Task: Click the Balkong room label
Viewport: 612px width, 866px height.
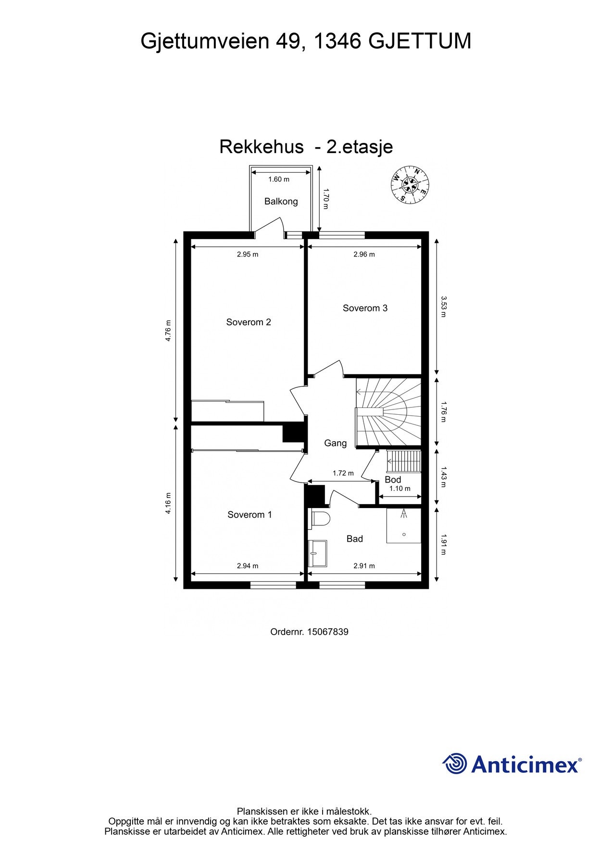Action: tap(281, 202)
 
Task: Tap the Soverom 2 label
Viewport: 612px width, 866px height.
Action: tap(249, 322)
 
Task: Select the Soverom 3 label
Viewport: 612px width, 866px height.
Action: tap(365, 308)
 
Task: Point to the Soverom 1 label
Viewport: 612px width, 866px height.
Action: tap(250, 515)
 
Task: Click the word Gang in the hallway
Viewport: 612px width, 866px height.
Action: tap(335, 443)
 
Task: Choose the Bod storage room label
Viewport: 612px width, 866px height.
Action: tap(393, 480)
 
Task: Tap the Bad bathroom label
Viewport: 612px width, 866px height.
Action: tap(354, 539)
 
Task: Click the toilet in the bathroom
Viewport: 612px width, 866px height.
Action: tap(320, 520)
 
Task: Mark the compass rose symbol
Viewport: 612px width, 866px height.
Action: tap(410, 185)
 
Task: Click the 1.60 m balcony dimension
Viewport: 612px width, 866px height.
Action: tap(279, 179)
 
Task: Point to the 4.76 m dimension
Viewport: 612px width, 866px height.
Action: tap(168, 331)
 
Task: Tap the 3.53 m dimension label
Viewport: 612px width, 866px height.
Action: tap(444, 307)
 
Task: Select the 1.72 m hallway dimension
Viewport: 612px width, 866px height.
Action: tap(343, 473)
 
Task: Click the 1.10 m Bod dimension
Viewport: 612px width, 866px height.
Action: tap(400, 489)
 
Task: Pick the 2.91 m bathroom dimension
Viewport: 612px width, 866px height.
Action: tap(364, 566)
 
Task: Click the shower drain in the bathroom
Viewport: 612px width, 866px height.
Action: tap(404, 534)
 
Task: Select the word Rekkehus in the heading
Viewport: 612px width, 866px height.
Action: tap(261, 147)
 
